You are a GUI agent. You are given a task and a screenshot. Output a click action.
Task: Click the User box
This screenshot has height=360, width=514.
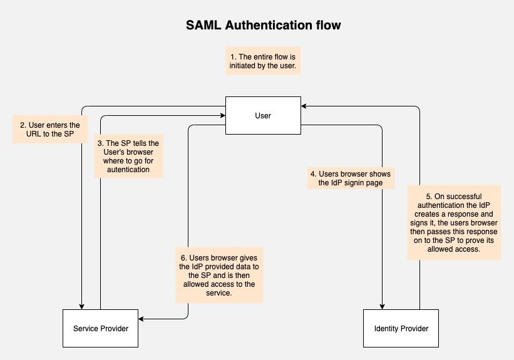pyautogui.click(x=263, y=115)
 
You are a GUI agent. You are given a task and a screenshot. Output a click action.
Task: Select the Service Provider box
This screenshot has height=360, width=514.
pyautogui.click(x=100, y=328)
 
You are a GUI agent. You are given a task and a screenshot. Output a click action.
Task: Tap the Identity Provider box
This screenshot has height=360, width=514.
pyautogui.click(x=401, y=328)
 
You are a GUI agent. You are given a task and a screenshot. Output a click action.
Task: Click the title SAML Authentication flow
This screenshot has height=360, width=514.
pyautogui.click(x=263, y=25)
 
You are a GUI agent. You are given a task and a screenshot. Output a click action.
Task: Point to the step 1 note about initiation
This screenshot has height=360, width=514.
pyautogui.click(x=263, y=61)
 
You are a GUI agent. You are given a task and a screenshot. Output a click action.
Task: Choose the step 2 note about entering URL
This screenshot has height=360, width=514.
pyautogui.click(x=50, y=129)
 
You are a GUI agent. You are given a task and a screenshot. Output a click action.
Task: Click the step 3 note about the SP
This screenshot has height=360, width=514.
pyautogui.click(x=128, y=156)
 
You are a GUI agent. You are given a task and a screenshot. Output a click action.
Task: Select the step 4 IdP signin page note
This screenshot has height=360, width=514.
pyautogui.click(x=351, y=178)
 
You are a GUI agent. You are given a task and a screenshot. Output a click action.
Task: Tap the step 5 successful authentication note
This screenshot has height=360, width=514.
pyautogui.click(x=454, y=223)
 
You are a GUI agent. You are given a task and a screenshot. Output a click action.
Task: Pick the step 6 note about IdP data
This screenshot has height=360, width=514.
pyautogui.click(x=219, y=275)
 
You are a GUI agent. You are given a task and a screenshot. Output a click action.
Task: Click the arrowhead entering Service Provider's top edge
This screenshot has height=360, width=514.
pyautogui.click(x=81, y=307)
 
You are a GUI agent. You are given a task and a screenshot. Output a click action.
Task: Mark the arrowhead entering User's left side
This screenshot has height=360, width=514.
pyautogui.click(x=223, y=115)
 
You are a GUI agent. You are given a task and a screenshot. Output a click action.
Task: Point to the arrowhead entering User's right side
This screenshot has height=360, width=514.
pyautogui.click(x=304, y=106)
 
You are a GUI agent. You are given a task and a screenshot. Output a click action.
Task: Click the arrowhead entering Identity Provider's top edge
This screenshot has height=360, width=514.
pyautogui.click(x=382, y=307)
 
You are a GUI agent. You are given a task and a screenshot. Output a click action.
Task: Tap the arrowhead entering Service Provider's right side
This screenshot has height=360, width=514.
pyautogui.click(x=141, y=319)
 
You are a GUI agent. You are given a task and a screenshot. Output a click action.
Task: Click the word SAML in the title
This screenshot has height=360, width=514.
pyautogui.click(x=203, y=25)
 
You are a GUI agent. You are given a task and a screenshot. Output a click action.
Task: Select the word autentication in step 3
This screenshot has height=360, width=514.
pyautogui.click(x=128, y=170)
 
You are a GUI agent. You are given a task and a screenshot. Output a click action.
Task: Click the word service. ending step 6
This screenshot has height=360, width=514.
pyautogui.click(x=219, y=293)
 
